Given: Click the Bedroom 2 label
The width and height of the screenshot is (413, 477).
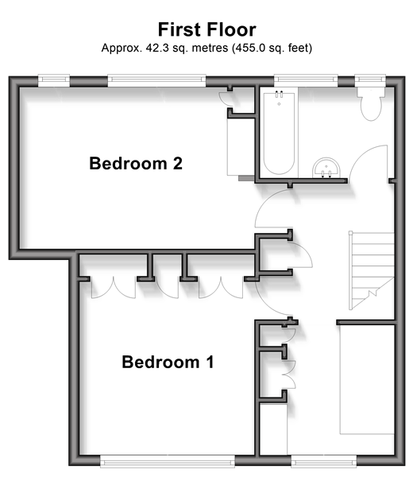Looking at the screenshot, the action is (x=136, y=163).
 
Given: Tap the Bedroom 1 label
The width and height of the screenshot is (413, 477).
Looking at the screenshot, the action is (x=168, y=362).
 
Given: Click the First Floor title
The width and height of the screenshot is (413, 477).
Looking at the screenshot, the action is (x=207, y=29).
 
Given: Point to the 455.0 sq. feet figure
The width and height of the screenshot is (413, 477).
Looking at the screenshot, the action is (x=272, y=48).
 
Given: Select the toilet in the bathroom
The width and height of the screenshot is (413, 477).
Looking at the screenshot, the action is (x=370, y=103).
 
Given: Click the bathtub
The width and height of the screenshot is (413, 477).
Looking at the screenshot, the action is (x=279, y=134).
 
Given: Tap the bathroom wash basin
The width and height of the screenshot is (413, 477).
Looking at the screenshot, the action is (x=326, y=168).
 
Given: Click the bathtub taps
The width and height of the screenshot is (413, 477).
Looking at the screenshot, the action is (x=280, y=94).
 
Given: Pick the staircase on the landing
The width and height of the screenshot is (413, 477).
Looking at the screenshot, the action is (x=372, y=271).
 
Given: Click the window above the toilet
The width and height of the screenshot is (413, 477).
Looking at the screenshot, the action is (x=370, y=79).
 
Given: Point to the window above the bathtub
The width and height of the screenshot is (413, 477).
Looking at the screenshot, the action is (x=306, y=79).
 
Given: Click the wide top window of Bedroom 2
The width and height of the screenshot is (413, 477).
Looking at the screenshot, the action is (x=156, y=79).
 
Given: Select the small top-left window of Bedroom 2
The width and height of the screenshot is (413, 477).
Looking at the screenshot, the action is (x=54, y=79).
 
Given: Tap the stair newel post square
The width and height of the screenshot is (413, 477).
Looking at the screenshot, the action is (x=350, y=233).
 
